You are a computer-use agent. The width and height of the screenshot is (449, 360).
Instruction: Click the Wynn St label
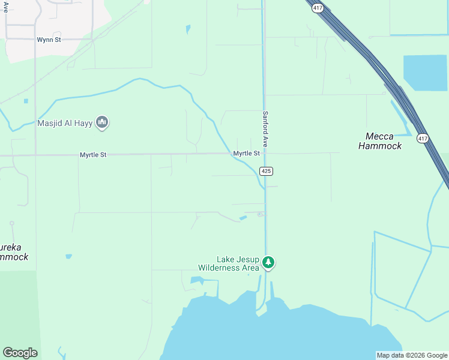pyautogui.click(x=49, y=40)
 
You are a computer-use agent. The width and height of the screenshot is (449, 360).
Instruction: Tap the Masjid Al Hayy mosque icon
pyautogui.click(x=103, y=124)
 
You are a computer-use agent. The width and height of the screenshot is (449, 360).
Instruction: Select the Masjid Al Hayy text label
pyautogui.click(x=65, y=124)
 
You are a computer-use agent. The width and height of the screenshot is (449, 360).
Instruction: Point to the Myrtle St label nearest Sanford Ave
pyautogui.click(x=246, y=154)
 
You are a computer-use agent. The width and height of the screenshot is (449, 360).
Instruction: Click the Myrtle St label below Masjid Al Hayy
pyautogui.click(x=93, y=155)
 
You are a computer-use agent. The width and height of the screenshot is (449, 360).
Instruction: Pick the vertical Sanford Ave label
pyautogui.click(x=265, y=128)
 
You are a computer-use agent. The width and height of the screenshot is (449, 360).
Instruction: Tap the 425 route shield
pyautogui.click(x=267, y=171)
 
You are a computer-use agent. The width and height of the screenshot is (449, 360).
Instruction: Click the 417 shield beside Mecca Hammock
pyautogui.click(x=423, y=139)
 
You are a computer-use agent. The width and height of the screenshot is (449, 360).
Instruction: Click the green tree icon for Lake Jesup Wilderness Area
pyautogui.click(x=268, y=262)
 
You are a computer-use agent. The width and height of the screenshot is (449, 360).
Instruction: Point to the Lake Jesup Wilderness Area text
pyautogui.click(x=229, y=263)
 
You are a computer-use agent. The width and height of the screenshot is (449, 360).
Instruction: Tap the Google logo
pyautogui.click(x=20, y=353)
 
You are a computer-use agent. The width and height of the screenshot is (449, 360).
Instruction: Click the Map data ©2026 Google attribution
pyautogui.click(x=412, y=355)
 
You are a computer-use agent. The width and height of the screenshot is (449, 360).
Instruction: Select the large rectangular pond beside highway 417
pyautogui.click(x=425, y=72)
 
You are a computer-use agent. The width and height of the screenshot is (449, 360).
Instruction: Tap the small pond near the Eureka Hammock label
pyautogui.click(x=69, y=257)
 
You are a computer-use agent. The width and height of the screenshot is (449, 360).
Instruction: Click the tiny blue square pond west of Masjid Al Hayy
pyautogui.click(x=26, y=101)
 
